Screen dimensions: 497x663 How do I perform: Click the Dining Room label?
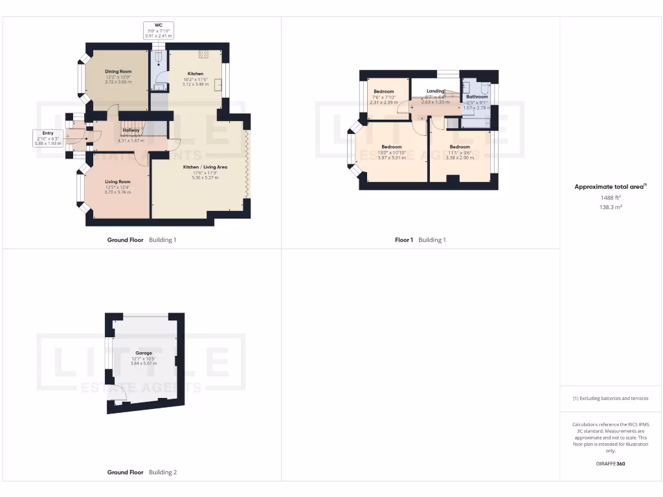[x=118, y=71]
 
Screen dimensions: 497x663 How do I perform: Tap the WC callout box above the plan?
[x=158, y=30]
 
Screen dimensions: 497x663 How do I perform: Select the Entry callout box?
[x=48, y=138]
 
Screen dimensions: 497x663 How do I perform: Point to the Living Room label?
[x=118, y=182]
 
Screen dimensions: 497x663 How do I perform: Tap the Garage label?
[x=144, y=353]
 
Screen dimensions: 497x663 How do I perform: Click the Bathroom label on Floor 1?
[x=477, y=97]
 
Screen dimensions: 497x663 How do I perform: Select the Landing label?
[x=435, y=91]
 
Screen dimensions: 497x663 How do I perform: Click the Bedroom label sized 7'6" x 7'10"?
[x=383, y=92]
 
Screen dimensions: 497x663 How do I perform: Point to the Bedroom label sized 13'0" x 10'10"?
[x=392, y=147]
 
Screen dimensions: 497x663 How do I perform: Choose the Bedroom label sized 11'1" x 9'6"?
[x=460, y=147]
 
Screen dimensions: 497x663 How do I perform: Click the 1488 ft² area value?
[x=611, y=197]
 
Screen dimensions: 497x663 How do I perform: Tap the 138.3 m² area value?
[x=611, y=207]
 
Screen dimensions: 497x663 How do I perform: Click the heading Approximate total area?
[x=611, y=186]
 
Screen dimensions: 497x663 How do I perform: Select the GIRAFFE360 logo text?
[x=611, y=463]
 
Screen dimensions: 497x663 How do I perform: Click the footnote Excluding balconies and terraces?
[x=611, y=398]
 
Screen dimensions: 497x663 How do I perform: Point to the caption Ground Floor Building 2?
[x=141, y=472]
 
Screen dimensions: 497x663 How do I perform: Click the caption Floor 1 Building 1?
[x=420, y=240]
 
